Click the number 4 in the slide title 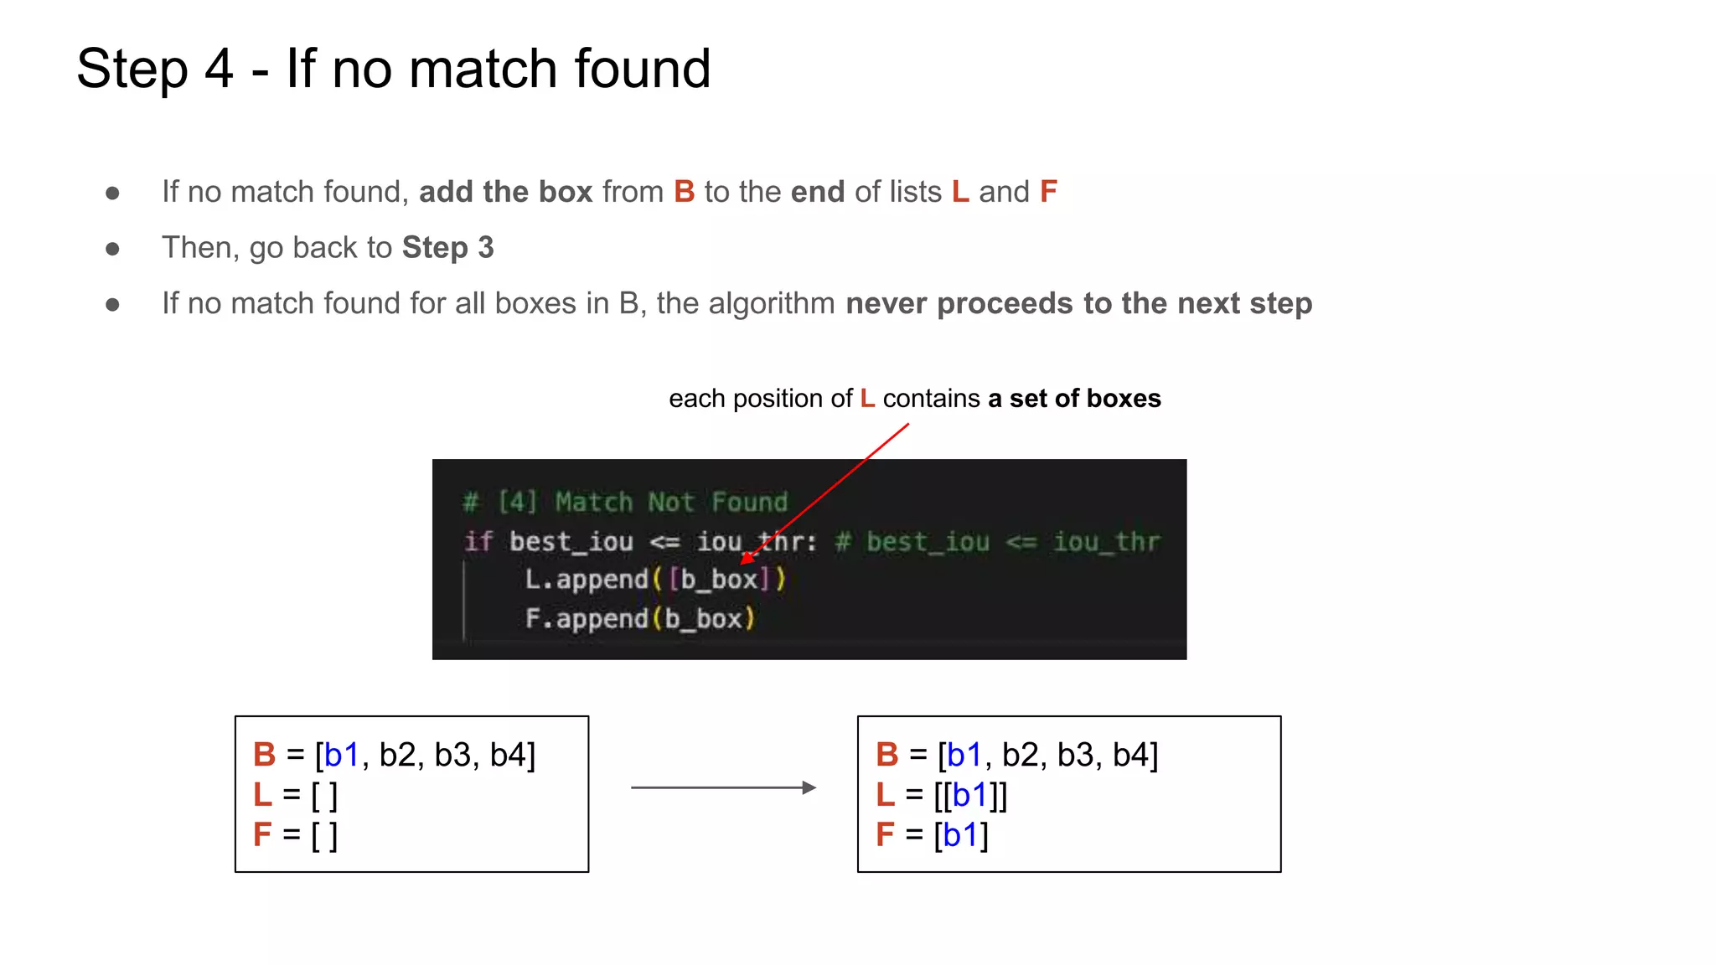tap(219, 69)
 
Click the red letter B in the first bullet tap(685, 192)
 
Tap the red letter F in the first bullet tap(1048, 192)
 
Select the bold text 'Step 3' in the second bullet tap(447, 248)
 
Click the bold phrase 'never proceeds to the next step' tap(1078, 303)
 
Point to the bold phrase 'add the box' tap(505, 192)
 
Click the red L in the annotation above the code tap(867, 399)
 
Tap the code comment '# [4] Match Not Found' tap(625, 502)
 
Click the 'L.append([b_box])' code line tap(654, 579)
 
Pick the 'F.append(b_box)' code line tap(640, 619)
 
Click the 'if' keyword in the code tap(478, 541)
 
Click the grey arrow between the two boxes tap(723, 787)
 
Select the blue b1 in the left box tap(342, 755)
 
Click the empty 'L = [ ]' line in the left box tap(296, 795)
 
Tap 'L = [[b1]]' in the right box tap(941, 795)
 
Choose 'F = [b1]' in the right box tap(932, 835)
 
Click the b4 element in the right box tap(1131, 755)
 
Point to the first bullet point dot tap(112, 194)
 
